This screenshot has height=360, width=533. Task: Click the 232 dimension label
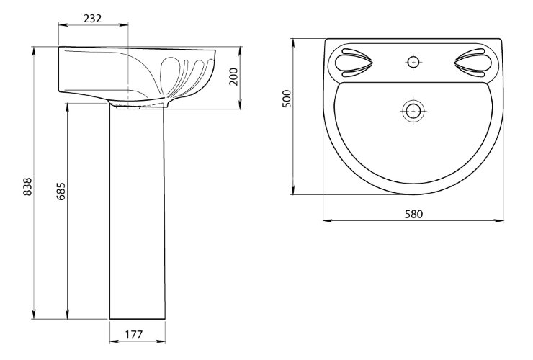point(92,18)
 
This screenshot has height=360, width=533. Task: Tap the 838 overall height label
point(27,186)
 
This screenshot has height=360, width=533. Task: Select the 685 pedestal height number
point(61,192)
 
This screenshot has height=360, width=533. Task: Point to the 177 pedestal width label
point(134,335)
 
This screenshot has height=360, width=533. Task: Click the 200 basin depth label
point(233,77)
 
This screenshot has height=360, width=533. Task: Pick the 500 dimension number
point(287,99)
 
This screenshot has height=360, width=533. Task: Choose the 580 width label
point(413,214)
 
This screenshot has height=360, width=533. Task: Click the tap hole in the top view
point(413,62)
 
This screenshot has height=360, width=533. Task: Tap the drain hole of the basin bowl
point(413,111)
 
